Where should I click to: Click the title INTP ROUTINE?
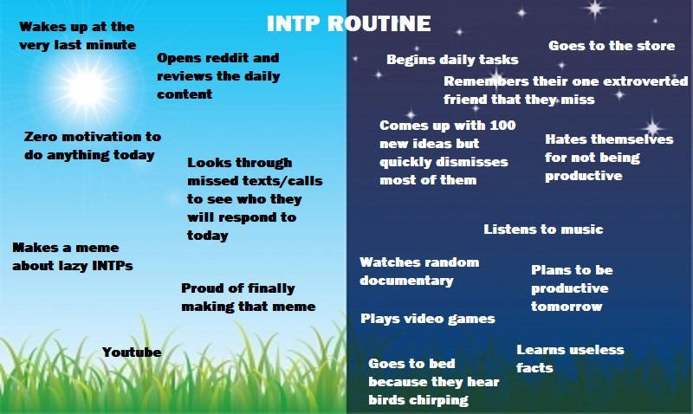click(347, 22)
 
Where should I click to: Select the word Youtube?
click(132, 353)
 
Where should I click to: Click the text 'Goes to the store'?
click(612, 46)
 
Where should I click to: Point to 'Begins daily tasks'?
click(452, 60)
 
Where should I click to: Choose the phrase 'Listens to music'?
click(543, 230)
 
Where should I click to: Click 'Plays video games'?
click(427, 319)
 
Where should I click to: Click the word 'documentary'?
click(406, 281)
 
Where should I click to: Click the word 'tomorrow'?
click(567, 307)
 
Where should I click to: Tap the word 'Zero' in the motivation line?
click(40, 137)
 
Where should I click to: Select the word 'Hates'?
click(567, 139)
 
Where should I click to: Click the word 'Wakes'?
click(40, 27)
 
